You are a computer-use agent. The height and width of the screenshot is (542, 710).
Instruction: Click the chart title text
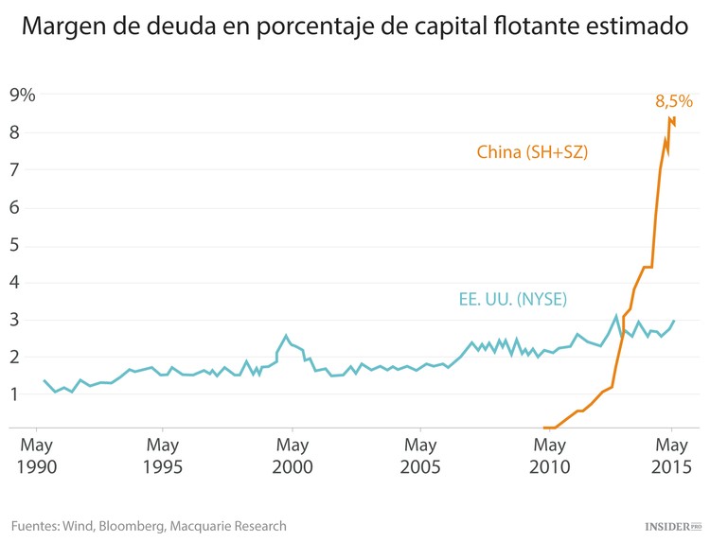pyautogui.click(x=354, y=26)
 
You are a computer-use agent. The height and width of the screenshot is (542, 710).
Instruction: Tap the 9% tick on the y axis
pyautogui.click(x=22, y=95)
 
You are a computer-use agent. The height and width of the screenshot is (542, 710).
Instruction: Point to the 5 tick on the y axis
pyautogui.click(x=14, y=245)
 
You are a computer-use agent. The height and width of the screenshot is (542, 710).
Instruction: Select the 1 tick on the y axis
pyautogui.click(x=14, y=394)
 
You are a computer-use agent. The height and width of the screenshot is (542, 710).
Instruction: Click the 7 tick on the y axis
pyautogui.click(x=14, y=170)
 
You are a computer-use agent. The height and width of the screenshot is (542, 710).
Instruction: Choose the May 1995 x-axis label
pyautogui.click(x=163, y=455)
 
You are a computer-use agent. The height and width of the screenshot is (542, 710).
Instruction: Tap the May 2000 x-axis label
pyautogui.click(x=293, y=455)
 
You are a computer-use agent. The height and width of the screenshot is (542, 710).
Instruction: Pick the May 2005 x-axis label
pyautogui.click(x=420, y=455)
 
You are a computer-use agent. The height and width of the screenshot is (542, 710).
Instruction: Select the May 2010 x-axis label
pyautogui.click(x=550, y=455)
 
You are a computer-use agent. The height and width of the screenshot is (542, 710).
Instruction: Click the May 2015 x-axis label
pyautogui.click(x=672, y=455)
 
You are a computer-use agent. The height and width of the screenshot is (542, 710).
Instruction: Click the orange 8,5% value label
pyautogui.click(x=674, y=100)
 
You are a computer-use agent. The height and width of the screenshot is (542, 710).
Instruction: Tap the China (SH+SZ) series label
pyautogui.click(x=532, y=151)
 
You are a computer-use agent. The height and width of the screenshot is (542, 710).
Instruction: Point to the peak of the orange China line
pyautogui.click(x=670, y=118)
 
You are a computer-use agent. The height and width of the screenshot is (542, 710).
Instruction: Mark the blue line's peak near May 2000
pyautogui.click(x=286, y=335)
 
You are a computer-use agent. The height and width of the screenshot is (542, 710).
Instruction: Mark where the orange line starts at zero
pyautogui.click(x=544, y=428)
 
